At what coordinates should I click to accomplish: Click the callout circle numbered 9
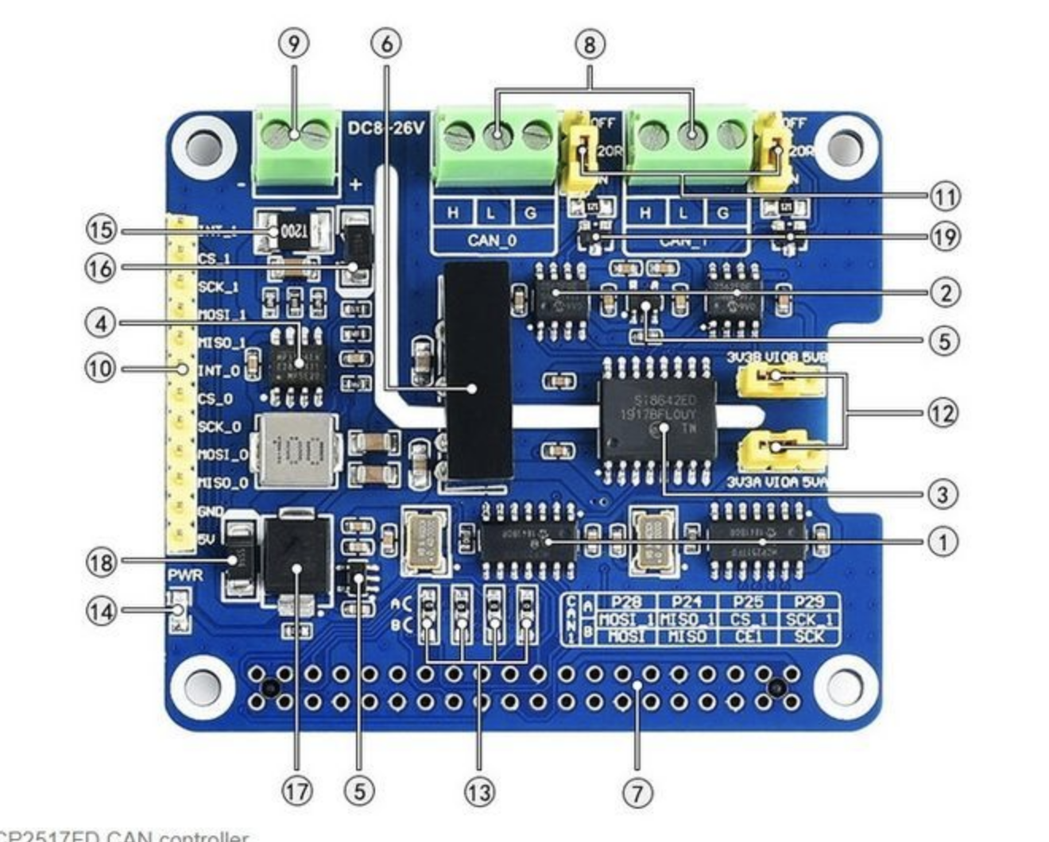point(294,44)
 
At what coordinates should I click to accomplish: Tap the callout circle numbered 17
point(296,791)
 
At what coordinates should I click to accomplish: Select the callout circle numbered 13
point(479,791)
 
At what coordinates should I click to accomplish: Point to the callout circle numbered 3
point(943,494)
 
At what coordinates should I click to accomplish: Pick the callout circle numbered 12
point(943,413)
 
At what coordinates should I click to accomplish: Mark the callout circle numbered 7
point(637,791)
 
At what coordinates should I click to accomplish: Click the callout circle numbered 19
point(944,236)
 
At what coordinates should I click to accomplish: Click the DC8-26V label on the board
point(386,127)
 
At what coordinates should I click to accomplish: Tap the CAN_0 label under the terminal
point(493,240)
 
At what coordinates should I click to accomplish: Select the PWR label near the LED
point(184,574)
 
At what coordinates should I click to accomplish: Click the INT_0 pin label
point(219,371)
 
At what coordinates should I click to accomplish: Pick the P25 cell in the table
point(748,603)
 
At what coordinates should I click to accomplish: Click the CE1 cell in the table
point(748,636)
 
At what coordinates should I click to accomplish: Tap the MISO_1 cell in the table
point(687,620)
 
